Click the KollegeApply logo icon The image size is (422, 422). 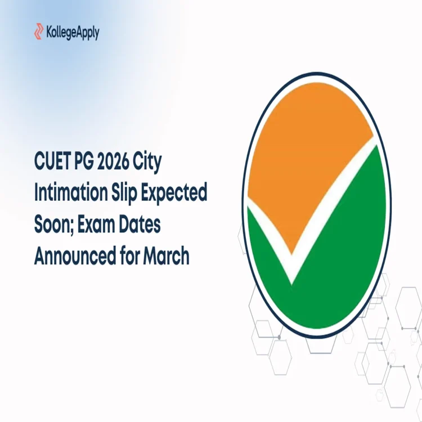(39, 32)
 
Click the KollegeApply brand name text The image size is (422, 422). (73, 32)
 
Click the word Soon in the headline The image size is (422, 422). (52, 225)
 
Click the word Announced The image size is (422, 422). (75, 255)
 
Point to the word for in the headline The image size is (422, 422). (130, 255)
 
